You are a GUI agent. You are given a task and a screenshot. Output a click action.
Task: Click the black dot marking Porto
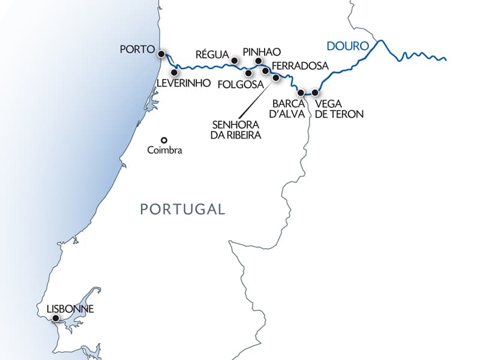click(x=161, y=54)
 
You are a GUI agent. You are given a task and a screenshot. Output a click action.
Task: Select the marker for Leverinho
click(x=175, y=73)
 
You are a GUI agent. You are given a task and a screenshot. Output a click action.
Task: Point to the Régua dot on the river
click(x=235, y=61)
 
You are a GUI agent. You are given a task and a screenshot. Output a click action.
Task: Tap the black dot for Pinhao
click(x=259, y=61)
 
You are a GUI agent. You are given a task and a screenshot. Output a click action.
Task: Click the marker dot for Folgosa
click(x=248, y=73)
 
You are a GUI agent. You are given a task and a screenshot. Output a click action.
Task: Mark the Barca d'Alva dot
click(x=301, y=93)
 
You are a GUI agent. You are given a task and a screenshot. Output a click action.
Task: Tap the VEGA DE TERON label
click(x=339, y=108)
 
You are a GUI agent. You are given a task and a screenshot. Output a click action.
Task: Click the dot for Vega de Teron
click(x=315, y=93)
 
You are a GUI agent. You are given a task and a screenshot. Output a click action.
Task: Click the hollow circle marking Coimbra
click(x=163, y=141)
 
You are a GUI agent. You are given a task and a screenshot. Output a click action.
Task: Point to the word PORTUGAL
click(x=182, y=209)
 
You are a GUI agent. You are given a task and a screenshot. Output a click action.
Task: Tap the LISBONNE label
click(x=70, y=310)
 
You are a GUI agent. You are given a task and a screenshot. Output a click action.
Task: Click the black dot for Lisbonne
click(x=55, y=319)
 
